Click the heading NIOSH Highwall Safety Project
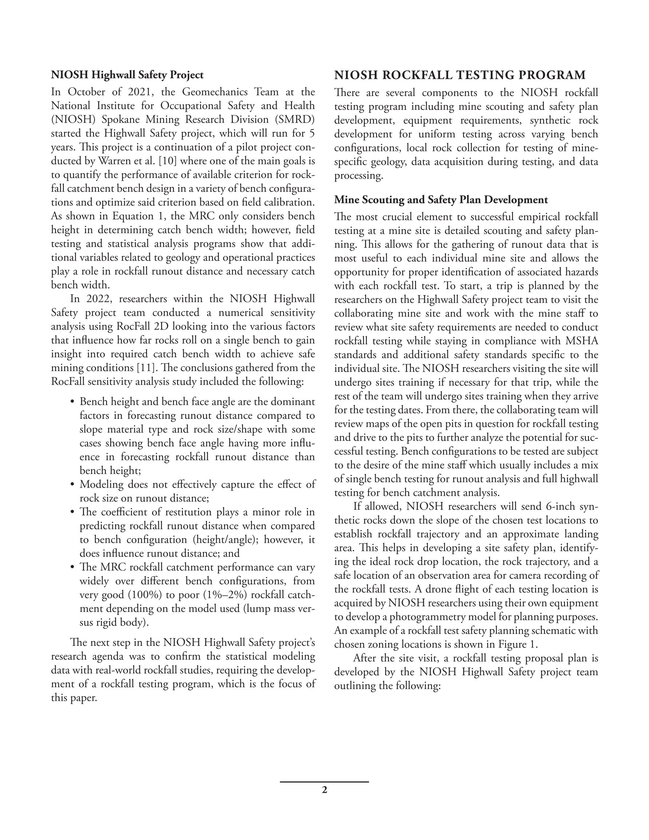coord(127,75)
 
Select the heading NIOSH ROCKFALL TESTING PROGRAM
coord(460,75)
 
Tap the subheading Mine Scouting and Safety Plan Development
coord(441,200)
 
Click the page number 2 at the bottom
coord(324,790)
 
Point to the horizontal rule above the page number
coord(324,782)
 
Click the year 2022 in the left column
coord(98,299)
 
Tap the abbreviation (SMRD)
coord(295,119)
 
